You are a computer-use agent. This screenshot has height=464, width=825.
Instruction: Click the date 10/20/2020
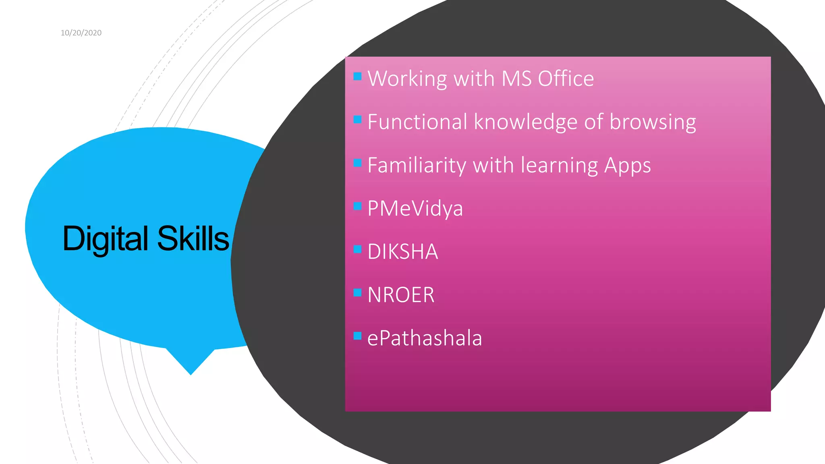click(x=81, y=33)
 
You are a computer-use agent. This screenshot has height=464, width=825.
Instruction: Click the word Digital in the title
click(x=106, y=239)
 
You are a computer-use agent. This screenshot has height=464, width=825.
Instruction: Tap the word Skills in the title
click(x=193, y=239)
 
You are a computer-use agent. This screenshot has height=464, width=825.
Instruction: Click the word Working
click(x=407, y=79)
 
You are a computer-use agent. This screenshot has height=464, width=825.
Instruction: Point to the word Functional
click(x=417, y=122)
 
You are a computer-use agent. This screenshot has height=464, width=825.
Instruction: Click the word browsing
click(x=653, y=122)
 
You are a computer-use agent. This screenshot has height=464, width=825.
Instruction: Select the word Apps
click(x=627, y=166)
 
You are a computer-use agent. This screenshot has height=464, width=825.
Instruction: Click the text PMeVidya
click(x=415, y=209)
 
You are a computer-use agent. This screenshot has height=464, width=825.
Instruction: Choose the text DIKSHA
click(x=402, y=252)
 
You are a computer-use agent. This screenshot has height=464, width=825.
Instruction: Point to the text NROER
click(x=401, y=295)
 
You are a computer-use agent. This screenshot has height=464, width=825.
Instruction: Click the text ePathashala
click(x=425, y=338)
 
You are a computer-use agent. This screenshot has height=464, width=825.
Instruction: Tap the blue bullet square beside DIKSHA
click(x=357, y=249)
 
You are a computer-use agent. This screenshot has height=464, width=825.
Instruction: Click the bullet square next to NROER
click(x=357, y=292)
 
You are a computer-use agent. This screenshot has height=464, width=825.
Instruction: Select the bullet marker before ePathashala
click(x=357, y=336)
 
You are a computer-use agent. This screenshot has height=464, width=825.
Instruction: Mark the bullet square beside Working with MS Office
click(x=357, y=76)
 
